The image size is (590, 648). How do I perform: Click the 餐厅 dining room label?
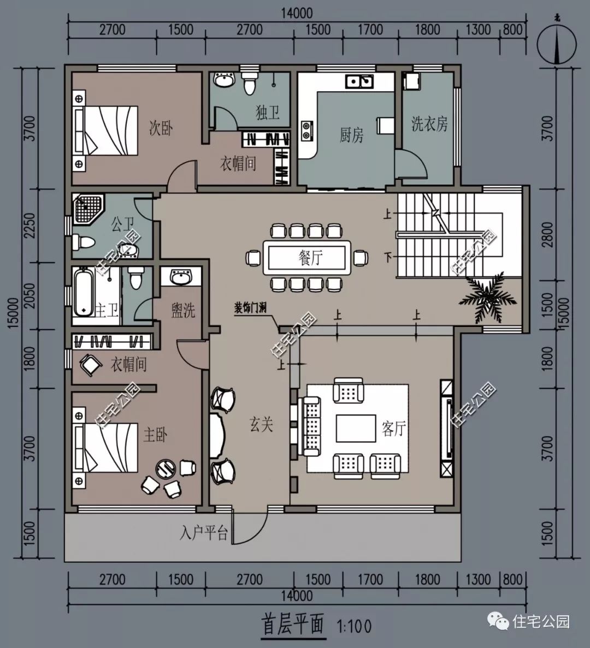pyautogui.click(x=310, y=258)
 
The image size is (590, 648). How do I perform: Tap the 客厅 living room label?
pyautogui.click(x=394, y=429)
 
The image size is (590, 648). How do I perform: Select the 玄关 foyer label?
pyautogui.click(x=261, y=424)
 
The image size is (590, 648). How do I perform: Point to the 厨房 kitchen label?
pyautogui.click(x=351, y=135)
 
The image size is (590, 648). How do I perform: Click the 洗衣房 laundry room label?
pyautogui.click(x=429, y=123)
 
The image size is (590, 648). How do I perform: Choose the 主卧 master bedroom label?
pyautogui.click(x=155, y=435)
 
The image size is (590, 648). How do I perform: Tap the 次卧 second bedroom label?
pyautogui.click(x=161, y=128)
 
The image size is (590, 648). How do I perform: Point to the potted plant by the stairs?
pyautogui.click(x=488, y=296)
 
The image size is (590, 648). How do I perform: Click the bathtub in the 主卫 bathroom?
pyautogui.click(x=84, y=292)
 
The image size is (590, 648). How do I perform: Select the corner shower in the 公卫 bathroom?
pyautogui.click(x=87, y=209)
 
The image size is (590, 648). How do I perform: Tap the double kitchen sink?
pyautogui.click(x=359, y=81)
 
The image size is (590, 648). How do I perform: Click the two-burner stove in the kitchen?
pyautogui.click(x=307, y=130)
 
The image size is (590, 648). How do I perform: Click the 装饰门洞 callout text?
pyautogui.click(x=250, y=308)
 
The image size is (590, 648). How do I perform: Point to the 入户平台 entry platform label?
pyautogui.click(x=203, y=533)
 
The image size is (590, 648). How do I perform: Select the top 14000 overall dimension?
pyautogui.click(x=297, y=13)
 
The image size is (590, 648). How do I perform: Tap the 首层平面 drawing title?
pyautogui.click(x=293, y=624)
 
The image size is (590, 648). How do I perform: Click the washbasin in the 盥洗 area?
pyautogui.click(x=180, y=277)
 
